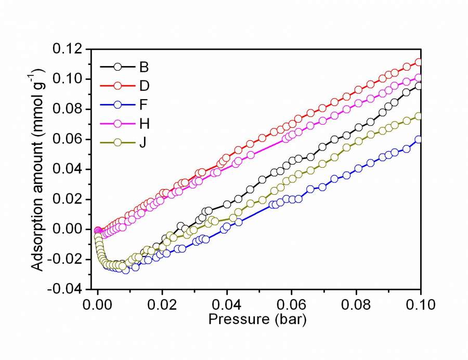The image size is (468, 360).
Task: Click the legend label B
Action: (x=144, y=66)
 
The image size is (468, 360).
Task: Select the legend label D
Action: (x=144, y=85)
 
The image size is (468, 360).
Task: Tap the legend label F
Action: (x=144, y=104)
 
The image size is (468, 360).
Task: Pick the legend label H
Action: (x=144, y=123)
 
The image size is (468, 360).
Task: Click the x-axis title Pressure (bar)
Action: (x=257, y=319)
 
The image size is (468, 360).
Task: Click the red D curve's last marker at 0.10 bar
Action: (x=419, y=63)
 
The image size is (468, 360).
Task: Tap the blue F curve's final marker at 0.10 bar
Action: (x=419, y=139)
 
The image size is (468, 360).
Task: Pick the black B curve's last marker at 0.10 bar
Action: (x=419, y=86)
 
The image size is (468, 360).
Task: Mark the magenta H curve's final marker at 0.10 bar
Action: (x=419, y=78)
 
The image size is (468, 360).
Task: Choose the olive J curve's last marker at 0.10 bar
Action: (x=419, y=116)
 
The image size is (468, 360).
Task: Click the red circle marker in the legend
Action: (x=118, y=85)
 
